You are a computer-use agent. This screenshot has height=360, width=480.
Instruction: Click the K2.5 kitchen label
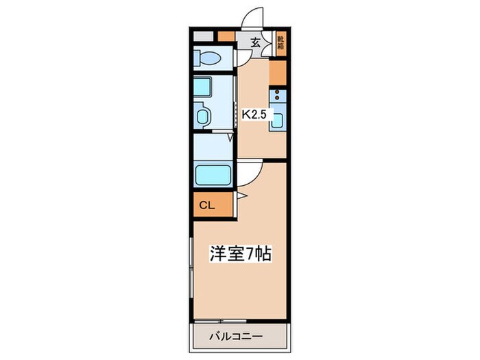254,115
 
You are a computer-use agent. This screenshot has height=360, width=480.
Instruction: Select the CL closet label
207,204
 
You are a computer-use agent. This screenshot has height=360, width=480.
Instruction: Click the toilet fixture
208,56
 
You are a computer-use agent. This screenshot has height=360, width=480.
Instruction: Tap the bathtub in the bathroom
214,175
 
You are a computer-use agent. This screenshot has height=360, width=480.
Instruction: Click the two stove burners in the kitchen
278,96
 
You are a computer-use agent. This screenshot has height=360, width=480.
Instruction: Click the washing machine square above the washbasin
204,86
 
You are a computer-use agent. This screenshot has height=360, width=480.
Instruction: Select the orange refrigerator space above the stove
278,72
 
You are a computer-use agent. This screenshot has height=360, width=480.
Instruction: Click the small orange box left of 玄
226,36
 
